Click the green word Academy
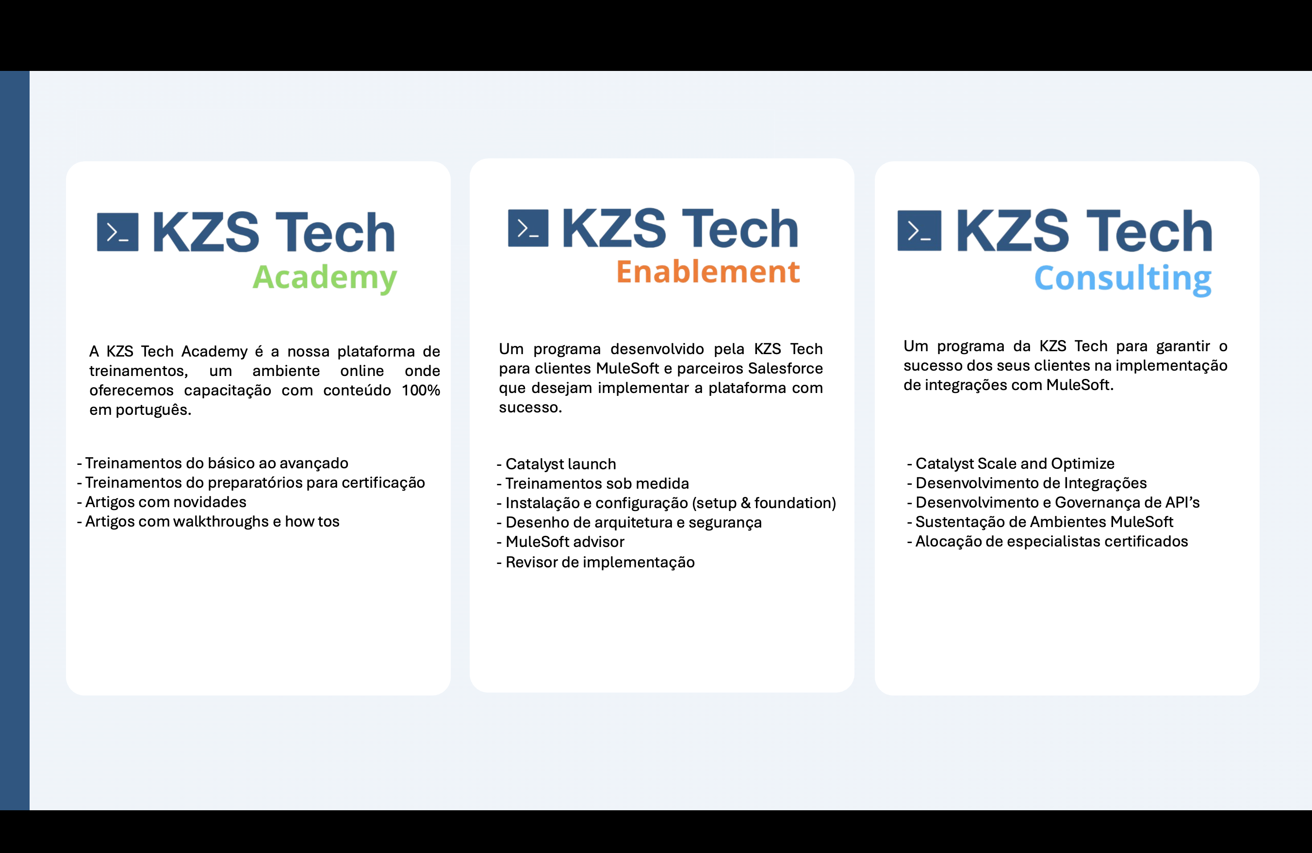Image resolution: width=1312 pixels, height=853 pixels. (325, 277)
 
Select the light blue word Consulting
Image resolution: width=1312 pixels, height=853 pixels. (1122, 279)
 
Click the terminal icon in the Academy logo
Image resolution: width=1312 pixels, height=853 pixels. (117, 232)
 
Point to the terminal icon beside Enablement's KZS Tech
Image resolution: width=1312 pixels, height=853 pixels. (528, 228)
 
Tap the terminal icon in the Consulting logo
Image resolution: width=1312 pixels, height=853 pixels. (919, 231)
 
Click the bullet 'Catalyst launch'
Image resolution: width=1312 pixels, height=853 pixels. (556, 464)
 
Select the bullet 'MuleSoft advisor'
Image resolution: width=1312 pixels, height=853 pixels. (560, 542)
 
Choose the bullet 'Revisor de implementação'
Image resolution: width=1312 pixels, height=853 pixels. (595, 562)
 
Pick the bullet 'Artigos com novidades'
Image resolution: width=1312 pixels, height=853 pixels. (162, 502)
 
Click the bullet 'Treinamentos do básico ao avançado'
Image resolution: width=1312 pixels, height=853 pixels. (212, 463)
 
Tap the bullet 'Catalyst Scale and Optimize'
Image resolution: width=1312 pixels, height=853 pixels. (1011, 463)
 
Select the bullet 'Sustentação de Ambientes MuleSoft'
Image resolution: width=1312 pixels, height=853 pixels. (1040, 522)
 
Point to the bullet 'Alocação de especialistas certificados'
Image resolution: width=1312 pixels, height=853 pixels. (1048, 541)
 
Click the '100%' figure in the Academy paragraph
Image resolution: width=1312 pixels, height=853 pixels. (421, 391)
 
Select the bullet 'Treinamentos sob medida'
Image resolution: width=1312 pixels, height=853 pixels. (592, 484)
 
